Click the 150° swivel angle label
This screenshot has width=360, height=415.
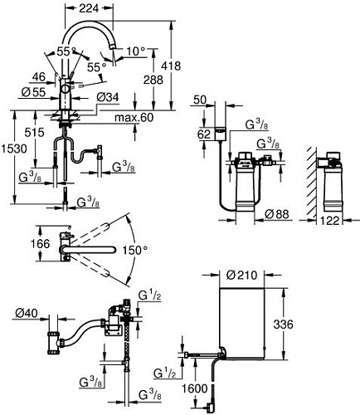[137, 249]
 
